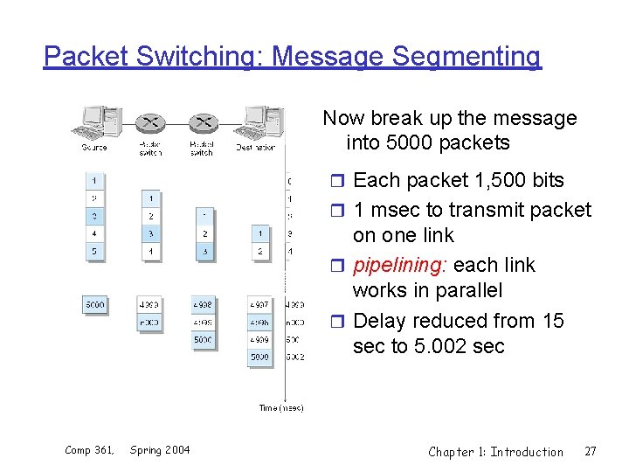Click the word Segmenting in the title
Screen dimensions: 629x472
pos(467,57)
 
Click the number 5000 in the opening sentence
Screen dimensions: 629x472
pos(412,142)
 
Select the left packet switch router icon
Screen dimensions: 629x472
pos(150,123)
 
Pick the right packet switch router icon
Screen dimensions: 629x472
pos(203,123)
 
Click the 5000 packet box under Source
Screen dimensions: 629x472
pos(94,305)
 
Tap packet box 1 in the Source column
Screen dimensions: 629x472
pos(93,182)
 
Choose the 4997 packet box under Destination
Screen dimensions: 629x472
pos(259,305)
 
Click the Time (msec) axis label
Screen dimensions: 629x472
pos(280,408)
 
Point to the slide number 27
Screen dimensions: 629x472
pos(591,452)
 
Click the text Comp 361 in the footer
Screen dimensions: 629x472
pos(90,450)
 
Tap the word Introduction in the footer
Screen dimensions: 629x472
pos(527,452)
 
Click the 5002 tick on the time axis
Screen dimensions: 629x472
pos(294,357)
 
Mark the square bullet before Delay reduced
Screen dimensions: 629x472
pos(341,322)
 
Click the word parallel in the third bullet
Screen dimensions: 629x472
pos(473,290)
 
